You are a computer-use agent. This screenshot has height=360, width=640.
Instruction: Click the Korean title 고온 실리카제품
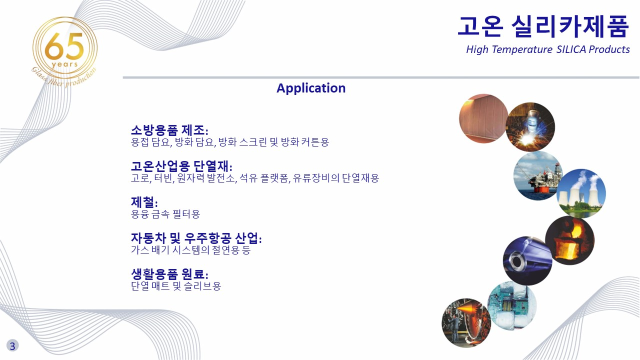[543, 26]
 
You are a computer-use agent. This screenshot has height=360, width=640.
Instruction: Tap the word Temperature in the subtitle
[522, 49]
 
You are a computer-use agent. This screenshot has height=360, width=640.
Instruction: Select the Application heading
[311, 88]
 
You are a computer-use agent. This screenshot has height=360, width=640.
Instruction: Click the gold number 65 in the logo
[64, 45]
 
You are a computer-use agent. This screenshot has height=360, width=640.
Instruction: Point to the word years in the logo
[65, 64]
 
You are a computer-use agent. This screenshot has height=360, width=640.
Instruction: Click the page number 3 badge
[12, 345]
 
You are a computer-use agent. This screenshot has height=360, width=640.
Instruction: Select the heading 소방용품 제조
[169, 130]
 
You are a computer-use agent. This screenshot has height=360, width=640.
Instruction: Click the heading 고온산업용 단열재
[181, 166]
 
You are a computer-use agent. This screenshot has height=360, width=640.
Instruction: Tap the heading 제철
[144, 202]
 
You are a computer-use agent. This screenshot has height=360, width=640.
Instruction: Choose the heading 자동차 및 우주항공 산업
[196, 238]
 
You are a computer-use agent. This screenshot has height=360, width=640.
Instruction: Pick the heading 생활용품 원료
[169, 274]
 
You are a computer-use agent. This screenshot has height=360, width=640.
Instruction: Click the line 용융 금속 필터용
[165, 214]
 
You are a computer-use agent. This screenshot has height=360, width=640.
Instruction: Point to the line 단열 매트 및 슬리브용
[176, 286]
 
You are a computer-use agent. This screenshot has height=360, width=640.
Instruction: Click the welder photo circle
[530, 127]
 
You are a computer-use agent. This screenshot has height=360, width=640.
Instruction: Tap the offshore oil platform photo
[538, 175]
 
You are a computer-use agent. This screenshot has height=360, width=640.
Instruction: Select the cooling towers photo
[581, 193]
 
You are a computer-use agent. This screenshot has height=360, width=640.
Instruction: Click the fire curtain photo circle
[483, 118]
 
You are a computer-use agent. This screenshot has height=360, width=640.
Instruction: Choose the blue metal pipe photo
[527, 260]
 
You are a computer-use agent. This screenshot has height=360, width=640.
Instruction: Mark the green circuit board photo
[512, 305]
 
